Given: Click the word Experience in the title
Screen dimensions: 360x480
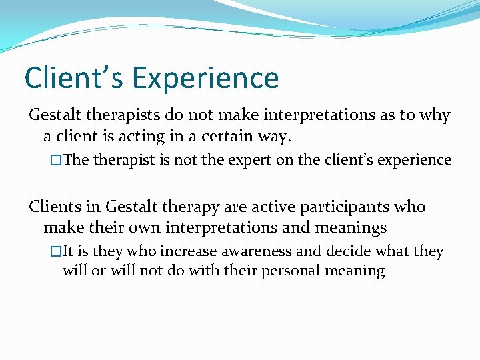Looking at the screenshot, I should point(205,78).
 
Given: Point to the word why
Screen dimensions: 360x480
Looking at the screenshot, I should point(435,115).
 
